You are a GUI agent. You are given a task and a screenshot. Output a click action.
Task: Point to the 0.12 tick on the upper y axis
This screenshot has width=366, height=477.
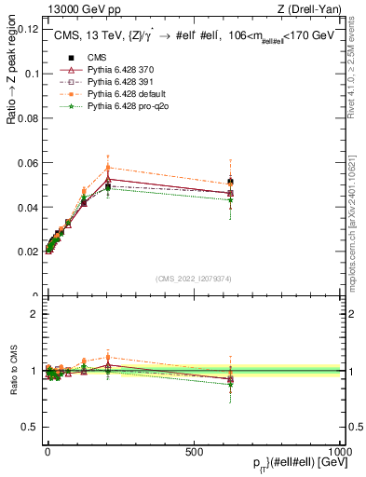pos(28,28)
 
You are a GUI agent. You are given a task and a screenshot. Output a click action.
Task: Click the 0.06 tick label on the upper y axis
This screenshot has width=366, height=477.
pos(28,162)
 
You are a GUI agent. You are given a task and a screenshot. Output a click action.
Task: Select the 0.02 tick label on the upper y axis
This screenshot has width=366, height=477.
pos(28,252)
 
